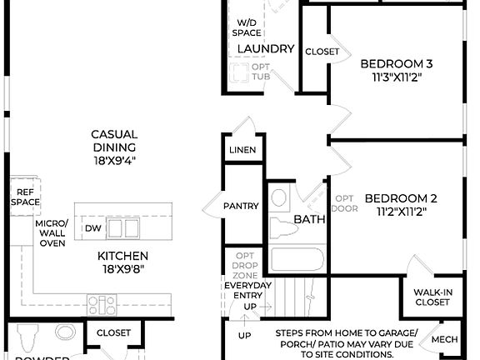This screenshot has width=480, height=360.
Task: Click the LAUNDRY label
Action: [266, 49]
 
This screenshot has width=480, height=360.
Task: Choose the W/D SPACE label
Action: [247, 27]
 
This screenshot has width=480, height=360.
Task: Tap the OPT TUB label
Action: [261, 72]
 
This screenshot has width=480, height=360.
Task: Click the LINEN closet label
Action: [242, 151]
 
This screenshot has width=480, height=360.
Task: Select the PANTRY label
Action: [242, 206]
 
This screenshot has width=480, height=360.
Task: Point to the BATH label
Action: [309, 220]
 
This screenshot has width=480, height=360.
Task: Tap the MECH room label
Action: [445, 341]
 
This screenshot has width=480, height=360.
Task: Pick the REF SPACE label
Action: [24, 197]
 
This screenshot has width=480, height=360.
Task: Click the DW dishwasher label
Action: [92, 228]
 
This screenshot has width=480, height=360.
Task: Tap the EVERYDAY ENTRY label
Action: [248, 291]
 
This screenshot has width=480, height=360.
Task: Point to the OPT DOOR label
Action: [344, 203]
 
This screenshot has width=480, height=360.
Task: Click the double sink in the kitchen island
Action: [122, 227]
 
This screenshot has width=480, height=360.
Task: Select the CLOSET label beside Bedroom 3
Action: [322, 52]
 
